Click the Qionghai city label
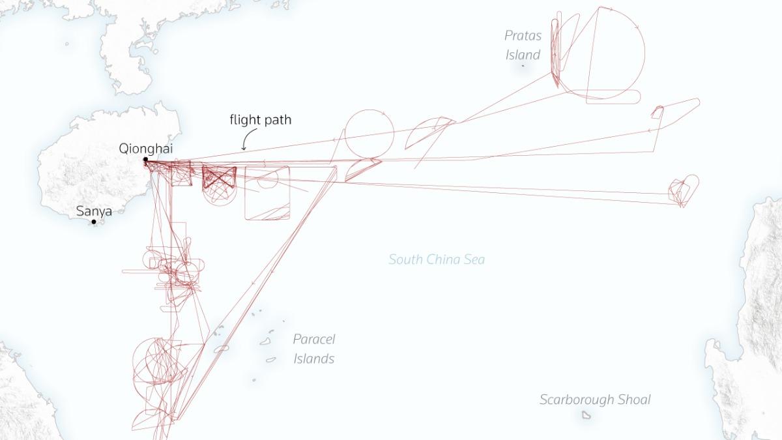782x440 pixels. point(145,149)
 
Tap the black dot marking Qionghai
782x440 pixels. point(145,160)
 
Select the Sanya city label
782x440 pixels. point(94,211)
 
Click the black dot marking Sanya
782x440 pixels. point(94,222)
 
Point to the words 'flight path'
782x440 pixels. point(261,120)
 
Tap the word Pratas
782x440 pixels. point(523,36)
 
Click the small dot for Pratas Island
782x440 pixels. point(523,66)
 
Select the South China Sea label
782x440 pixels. point(437,259)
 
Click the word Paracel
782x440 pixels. point(314,339)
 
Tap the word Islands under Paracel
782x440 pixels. point(314,359)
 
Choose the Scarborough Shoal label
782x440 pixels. point(595,400)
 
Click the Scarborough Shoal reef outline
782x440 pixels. point(586,415)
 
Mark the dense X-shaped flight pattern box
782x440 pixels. point(219,177)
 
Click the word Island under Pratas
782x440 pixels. point(523,55)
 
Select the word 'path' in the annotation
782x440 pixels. point(277,120)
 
